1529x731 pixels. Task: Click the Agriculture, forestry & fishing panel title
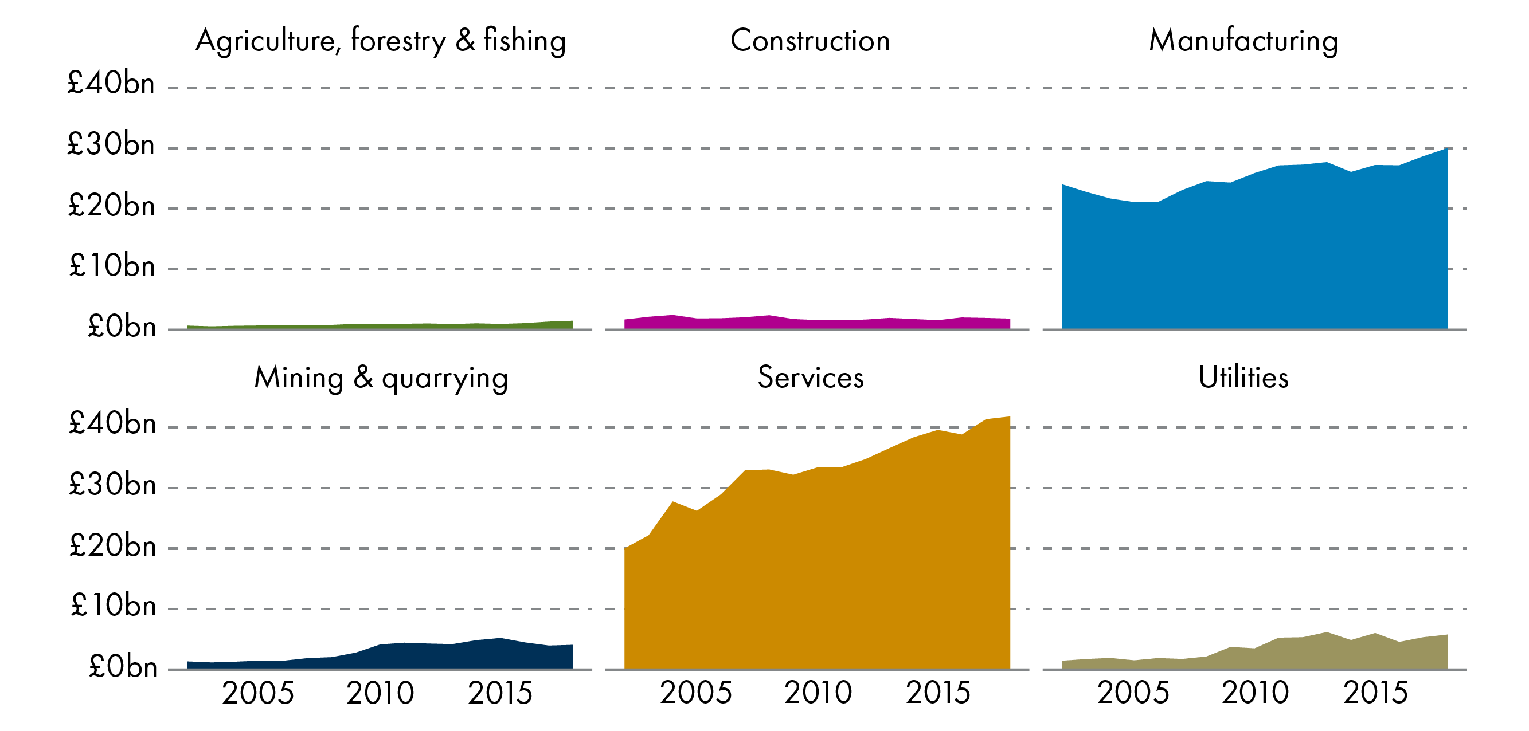(381, 41)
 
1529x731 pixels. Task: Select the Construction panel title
(810, 41)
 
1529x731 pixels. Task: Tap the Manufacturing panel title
(1243, 41)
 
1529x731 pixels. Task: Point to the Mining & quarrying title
(381, 378)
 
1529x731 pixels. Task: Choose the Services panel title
(810, 378)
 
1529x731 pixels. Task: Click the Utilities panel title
(1243, 378)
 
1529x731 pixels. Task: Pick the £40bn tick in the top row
(111, 83)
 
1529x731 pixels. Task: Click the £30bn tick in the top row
(111, 144)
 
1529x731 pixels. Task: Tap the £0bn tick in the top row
(121, 327)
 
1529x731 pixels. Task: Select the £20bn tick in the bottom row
(112, 545)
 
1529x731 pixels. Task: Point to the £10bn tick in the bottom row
(113, 606)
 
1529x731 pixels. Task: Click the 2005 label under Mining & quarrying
(257, 693)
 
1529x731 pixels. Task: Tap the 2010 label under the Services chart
(818, 693)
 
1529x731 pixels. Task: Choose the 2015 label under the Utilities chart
(1375, 693)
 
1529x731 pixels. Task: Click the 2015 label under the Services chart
(938, 693)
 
